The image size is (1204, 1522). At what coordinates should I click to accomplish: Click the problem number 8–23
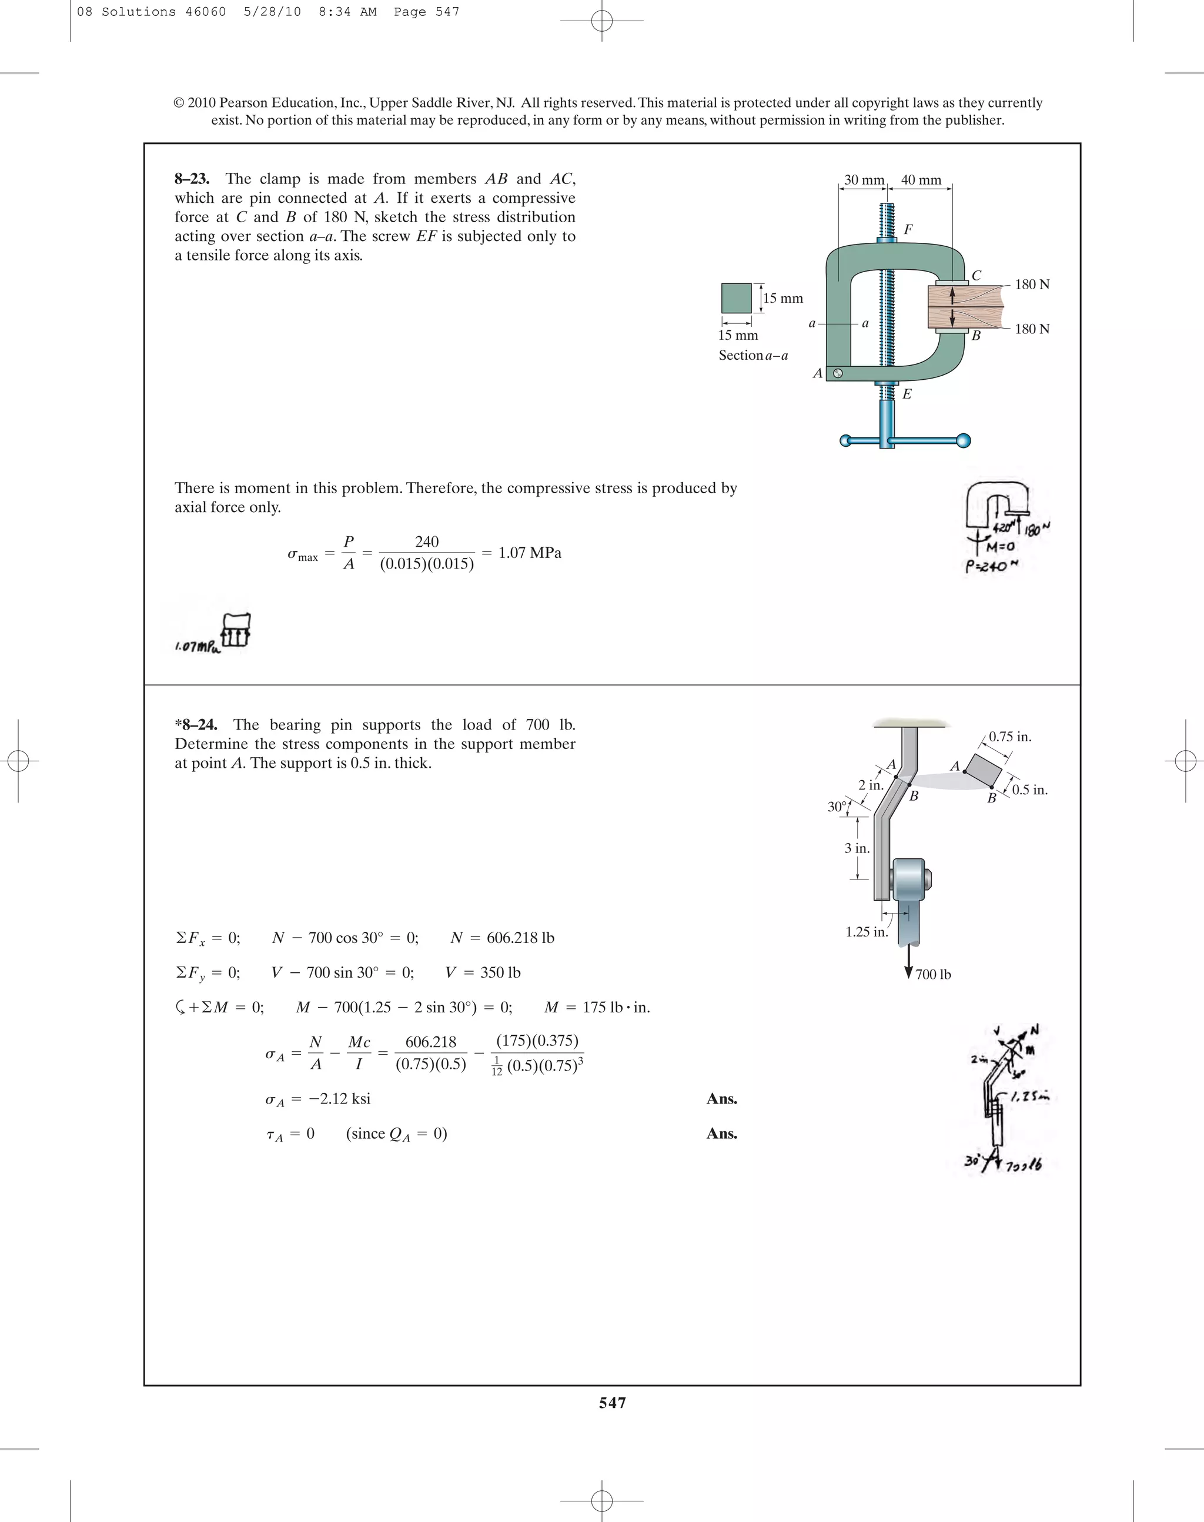pos(192,179)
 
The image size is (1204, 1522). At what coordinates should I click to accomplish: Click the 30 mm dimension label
pos(864,180)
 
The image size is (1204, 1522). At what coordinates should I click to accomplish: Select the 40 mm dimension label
pos(921,180)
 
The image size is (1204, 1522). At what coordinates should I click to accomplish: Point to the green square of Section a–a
pos(736,298)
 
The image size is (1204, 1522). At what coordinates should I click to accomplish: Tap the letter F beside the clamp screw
pos(908,230)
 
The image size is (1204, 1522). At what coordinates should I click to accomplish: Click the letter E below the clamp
pos(907,394)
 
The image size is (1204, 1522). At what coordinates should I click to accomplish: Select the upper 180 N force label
pos(1032,285)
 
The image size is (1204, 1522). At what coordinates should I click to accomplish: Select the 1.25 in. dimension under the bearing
pos(867,932)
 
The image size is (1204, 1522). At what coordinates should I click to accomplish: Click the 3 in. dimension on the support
pos(857,848)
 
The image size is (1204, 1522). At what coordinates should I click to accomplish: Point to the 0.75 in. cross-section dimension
pos(1009,737)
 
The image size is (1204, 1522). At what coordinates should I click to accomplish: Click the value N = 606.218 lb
pos(502,938)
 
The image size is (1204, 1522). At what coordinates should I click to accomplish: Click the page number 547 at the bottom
pos(612,1403)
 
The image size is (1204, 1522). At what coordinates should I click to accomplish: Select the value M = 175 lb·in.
pos(596,1008)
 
